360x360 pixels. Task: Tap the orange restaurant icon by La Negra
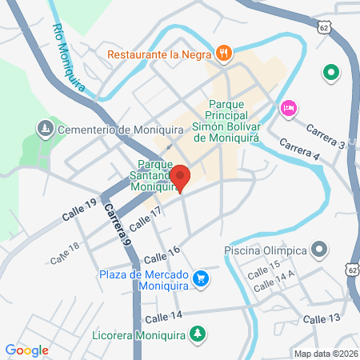(224, 54)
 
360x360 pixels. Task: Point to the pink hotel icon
(287, 107)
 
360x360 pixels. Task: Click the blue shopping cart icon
(201, 279)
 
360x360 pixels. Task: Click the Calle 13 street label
(322, 318)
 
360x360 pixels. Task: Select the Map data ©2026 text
(325, 353)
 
